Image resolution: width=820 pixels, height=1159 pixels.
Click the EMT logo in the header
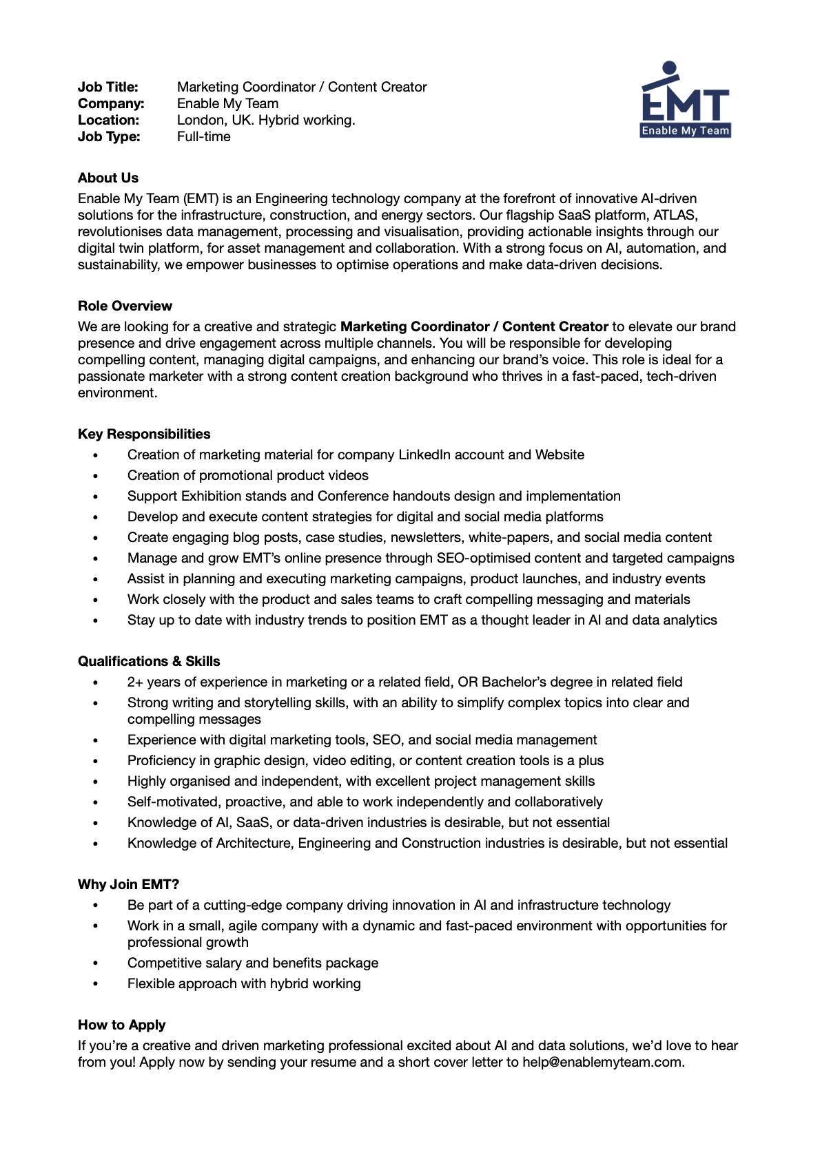(x=686, y=101)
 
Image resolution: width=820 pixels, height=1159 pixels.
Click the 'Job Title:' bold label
(x=108, y=87)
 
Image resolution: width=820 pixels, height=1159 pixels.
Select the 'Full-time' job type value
(x=204, y=136)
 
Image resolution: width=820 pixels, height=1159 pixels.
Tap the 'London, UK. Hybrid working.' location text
(x=266, y=120)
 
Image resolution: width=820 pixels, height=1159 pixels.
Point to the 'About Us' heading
(x=108, y=178)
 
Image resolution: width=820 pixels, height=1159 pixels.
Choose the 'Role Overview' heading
(x=125, y=306)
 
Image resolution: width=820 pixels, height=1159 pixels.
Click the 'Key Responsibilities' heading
(x=144, y=434)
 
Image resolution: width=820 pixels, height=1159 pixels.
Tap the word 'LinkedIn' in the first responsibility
(x=426, y=455)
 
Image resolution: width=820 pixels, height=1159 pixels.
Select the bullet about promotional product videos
(x=248, y=475)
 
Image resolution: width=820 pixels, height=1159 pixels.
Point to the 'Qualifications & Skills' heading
(x=149, y=661)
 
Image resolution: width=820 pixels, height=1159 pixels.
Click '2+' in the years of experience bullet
(x=135, y=682)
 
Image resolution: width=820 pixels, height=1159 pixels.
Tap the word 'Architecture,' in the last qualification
(x=255, y=843)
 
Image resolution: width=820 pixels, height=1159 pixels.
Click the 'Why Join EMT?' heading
(x=128, y=884)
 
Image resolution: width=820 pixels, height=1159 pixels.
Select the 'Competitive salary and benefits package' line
(x=253, y=963)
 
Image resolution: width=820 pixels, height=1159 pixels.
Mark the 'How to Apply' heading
(x=121, y=1025)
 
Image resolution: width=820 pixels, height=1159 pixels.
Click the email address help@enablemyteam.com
(x=602, y=1062)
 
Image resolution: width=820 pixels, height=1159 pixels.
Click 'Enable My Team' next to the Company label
(x=228, y=103)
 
